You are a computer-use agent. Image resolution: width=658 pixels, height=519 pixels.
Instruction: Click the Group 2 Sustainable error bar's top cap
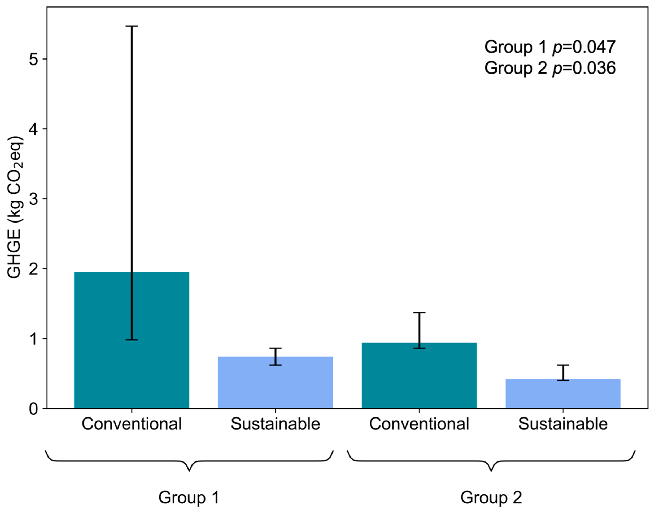[x=563, y=365]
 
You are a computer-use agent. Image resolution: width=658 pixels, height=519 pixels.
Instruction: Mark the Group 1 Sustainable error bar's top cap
[x=275, y=348]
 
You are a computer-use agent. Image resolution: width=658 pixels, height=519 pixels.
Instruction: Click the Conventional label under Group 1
[x=132, y=424]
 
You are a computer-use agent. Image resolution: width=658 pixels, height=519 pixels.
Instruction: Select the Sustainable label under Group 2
[x=563, y=424]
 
